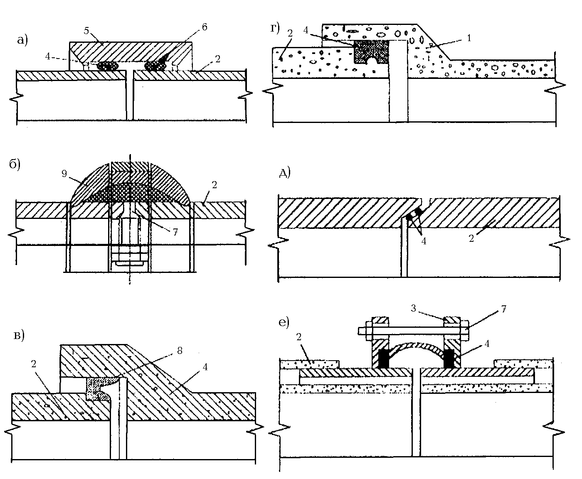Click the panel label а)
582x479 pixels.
click(x=22, y=40)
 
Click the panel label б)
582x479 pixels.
click(x=15, y=164)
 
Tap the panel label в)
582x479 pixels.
click(x=19, y=336)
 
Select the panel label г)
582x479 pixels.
click(x=275, y=29)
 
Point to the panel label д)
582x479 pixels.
click(x=285, y=173)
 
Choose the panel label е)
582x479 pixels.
click(x=284, y=323)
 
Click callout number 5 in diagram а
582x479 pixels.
click(x=86, y=31)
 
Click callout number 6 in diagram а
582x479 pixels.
click(x=205, y=27)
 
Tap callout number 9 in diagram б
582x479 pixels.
click(x=64, y=174)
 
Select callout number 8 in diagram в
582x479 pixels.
click(x=180, y=351)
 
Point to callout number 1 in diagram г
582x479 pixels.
click(x=469, y=38)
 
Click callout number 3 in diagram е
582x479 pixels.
click(x=413, y=308)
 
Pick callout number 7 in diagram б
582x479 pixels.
click(x=175, y=232)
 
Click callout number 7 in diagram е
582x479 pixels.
click(x=504, y=309)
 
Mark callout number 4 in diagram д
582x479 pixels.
click(x=424, y=241)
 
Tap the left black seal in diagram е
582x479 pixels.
click(x=383, y=359)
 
